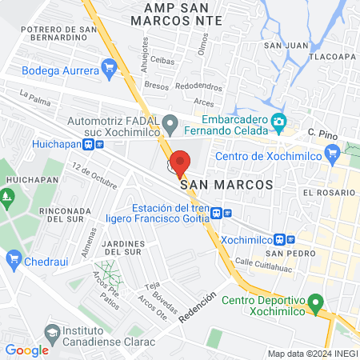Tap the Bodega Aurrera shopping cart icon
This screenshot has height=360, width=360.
click(108, 68)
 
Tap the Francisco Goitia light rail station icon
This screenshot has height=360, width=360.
click(228, 213)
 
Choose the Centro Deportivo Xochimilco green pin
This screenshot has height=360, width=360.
click(315, 304)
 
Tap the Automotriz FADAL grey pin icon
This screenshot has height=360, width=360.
click(170, 122)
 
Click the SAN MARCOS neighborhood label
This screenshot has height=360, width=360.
click(227, 185)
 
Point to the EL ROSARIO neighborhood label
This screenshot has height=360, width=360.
click(328, 193)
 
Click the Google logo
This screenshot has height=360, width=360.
click(26, 350)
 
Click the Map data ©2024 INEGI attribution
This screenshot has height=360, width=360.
click(311, 354)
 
